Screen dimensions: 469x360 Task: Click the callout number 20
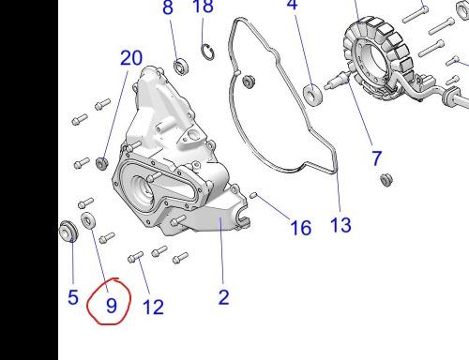(131, 58)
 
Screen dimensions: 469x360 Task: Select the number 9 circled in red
(112, 306)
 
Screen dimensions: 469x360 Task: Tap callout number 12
(153, 307)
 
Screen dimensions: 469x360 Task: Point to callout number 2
(224, 297)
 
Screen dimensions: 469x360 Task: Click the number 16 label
(301, 228)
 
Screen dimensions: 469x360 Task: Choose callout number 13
(340, 225)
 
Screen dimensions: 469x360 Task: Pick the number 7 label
(377, 158)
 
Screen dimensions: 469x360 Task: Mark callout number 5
(73, 297)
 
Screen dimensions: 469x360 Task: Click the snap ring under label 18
(208, 52)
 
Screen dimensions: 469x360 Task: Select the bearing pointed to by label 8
(181, 67)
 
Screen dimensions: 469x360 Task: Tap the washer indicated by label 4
(312, 94)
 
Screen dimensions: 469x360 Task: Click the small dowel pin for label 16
(253, 195)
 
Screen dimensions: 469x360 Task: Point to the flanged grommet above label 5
(68, 231)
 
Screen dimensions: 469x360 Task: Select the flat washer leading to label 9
(88, 220)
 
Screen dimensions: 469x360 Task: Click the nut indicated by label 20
(102, 163)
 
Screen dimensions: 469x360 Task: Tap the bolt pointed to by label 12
(135, 257)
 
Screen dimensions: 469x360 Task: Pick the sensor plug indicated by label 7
(337, 81)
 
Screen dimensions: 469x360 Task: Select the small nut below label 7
(386, 179)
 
